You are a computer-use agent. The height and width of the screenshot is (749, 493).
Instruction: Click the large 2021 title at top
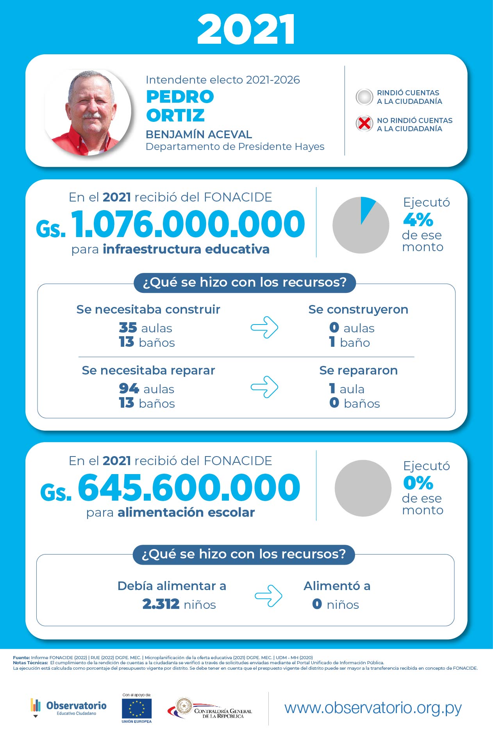point(246,29)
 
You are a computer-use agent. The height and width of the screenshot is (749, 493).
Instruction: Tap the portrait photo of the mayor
point(88,113)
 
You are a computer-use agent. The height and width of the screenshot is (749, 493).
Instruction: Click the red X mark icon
point(364,124)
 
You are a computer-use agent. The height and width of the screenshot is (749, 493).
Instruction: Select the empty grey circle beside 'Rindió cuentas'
point(364,97)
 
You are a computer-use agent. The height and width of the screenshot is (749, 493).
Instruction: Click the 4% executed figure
point(418,219)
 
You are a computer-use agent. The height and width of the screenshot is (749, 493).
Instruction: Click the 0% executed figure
point(418,483)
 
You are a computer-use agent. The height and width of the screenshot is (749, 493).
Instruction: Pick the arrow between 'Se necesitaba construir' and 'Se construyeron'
point(264,327)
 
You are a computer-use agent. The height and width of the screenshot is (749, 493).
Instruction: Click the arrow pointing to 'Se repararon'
point(264,387)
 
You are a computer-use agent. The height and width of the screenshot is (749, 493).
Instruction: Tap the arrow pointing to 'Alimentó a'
point(268,596)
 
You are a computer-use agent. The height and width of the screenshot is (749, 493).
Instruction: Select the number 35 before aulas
point(128,328)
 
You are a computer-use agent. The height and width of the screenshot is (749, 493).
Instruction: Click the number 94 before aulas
point(129,389)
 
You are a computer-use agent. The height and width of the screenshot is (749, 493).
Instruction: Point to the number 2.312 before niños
point(161,604)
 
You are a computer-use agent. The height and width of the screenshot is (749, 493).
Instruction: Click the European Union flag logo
point(137,709)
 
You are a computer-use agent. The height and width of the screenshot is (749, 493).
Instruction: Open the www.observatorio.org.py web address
point(373,708)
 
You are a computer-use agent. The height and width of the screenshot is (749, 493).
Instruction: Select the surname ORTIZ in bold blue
point(175,115)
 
